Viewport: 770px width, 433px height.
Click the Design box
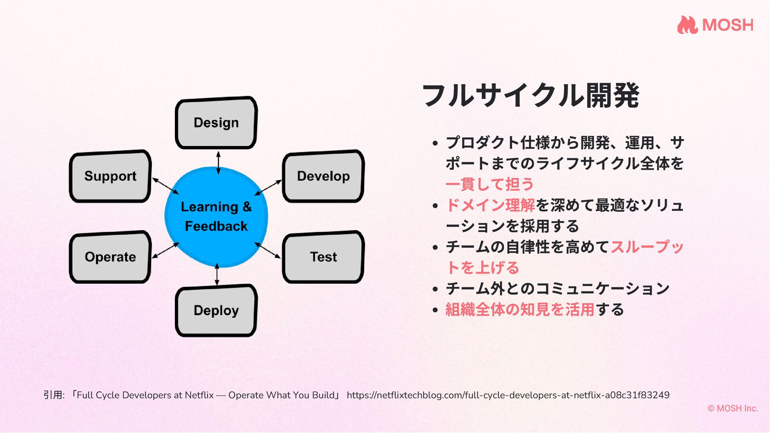(x=216, y=123)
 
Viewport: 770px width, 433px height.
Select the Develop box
(x=323, y=176)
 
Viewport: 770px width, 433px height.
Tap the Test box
(x=323, y=257)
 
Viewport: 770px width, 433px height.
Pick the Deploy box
(x=216, y=310)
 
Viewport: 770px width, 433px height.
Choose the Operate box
(x=110, y=257)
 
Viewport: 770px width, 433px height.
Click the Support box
(x=110, y=176)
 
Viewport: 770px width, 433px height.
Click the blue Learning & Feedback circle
(x=216, y=216)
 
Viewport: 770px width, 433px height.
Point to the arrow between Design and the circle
(x=218, y=162)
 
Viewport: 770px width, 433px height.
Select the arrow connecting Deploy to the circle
(x=217, y=275)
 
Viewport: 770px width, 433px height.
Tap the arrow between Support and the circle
(x=166, y=186)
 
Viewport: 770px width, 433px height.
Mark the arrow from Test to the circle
(x=267, y=250)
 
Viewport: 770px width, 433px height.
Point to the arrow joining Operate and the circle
(x=165, y=250)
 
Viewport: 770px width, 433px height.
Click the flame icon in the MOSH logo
(x=687, y=25)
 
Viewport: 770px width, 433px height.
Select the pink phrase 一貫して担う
(x=490, y=184)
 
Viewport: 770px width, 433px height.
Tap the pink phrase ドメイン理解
(x=490, y=205)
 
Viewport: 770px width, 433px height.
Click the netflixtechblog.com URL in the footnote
(x=508, y=395)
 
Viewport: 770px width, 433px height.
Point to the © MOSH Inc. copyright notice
(x=733, y=408)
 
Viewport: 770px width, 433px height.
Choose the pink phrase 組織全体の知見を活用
(x=520, y=310)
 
